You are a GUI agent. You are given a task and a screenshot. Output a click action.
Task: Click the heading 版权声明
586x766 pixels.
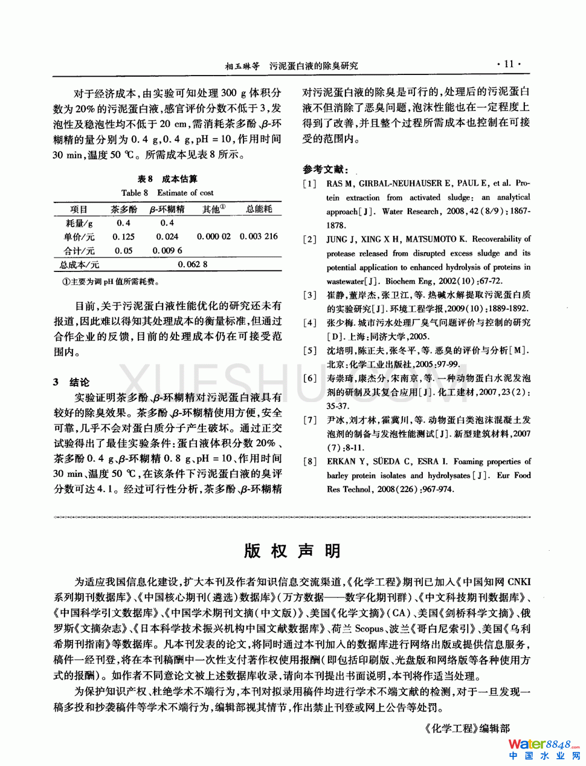coord(292,551)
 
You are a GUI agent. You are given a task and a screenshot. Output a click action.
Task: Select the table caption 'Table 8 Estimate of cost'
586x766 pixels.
coord(167,193)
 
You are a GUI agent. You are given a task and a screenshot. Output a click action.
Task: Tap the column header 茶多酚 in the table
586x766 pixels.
coord(124,209)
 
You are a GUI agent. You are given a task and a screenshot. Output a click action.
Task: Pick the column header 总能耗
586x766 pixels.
coord(259,209)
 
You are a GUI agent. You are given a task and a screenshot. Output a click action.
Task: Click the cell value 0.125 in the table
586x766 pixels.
coord(124,236)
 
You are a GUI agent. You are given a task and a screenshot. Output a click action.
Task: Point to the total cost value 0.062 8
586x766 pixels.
coord(193,264)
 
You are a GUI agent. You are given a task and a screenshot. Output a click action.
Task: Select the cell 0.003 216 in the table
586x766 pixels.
coord(259,236)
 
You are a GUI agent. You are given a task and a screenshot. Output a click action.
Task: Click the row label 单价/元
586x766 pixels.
coord(79,236)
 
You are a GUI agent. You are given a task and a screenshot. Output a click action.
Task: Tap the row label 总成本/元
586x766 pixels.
coord(79,264)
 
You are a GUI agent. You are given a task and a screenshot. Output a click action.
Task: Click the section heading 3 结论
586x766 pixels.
coord(71,382)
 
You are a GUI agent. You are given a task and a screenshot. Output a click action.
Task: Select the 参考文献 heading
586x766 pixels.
coord(326,169)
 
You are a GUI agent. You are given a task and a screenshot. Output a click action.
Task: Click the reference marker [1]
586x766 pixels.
coord(309,183)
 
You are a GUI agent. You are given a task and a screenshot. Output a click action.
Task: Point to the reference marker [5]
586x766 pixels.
coord(309,351)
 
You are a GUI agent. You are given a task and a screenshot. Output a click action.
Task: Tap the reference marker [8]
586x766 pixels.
coord(309,461)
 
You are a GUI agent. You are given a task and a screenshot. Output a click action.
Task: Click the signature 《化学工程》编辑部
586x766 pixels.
coord(467,729)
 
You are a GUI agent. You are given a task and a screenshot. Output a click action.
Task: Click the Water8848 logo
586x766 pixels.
coord(544,744)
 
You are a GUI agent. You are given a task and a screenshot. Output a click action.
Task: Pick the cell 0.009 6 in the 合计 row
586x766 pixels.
coord(167,250)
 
